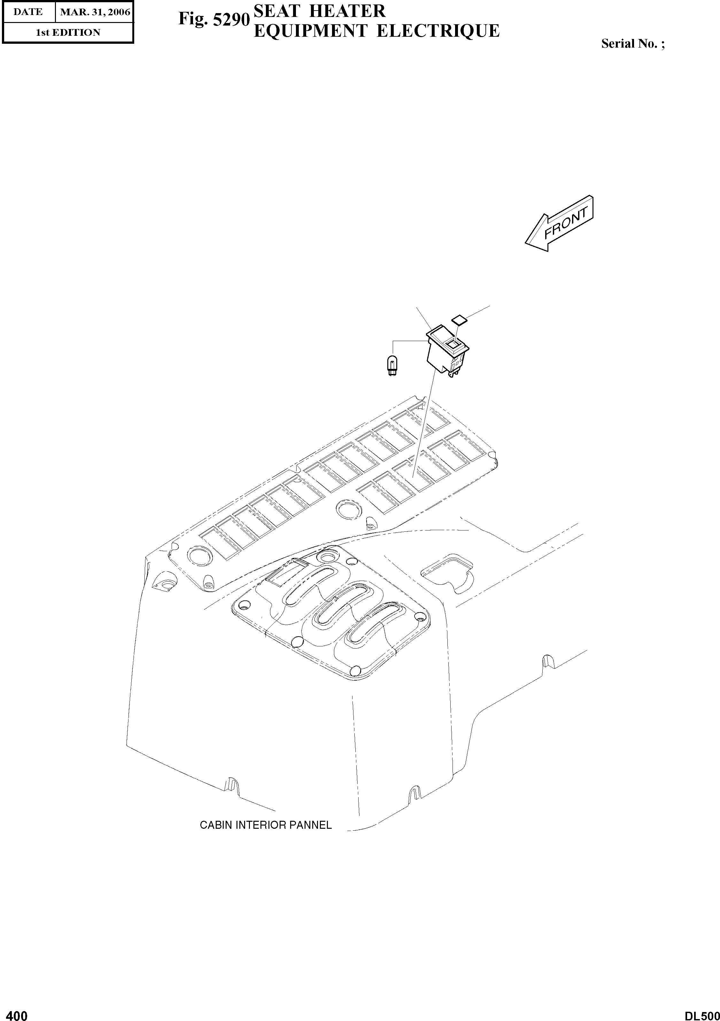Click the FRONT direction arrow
coord(560,223)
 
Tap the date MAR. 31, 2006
coord(95,12)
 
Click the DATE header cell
coord(28,12)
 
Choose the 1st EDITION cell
coord(68,33)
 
